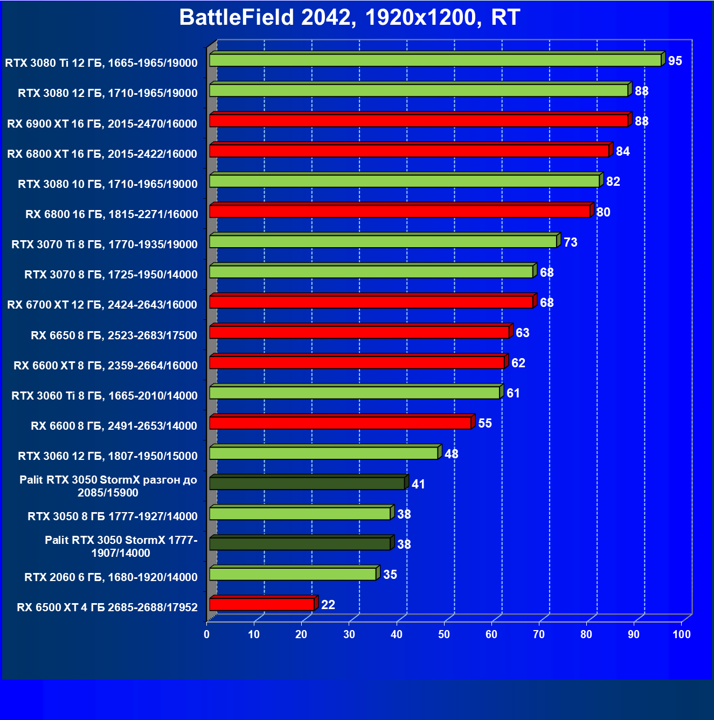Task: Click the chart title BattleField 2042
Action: click(x=349, y=18)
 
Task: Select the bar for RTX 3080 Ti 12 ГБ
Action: click(x=435, y=60)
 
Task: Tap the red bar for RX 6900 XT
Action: click(x=419, y=120)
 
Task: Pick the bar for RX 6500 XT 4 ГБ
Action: click(x=262, y=604)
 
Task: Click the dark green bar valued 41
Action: click(x=307, y=483)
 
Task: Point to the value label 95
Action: click(x=675, y=61)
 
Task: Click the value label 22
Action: click(x=328, y=605)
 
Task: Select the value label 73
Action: click(x=570, y=242)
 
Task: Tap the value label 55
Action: click(x=484, y=423)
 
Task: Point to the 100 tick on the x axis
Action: click(x=681, y=634)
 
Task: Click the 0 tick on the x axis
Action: click(x=206, y=634)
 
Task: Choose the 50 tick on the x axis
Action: click(x=443, y=634)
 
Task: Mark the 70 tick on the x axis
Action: click(x=538, y=634)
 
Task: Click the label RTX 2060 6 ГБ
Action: click(x=111, y=577)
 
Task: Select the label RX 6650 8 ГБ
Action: click(x=114, y=335)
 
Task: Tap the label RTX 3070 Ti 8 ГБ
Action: click(x=105, y=244)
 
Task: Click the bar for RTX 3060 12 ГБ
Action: click(x=323, y=453)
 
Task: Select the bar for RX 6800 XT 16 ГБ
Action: click(x=409, y=150)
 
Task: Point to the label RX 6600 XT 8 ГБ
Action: click(x=106, y=366)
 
